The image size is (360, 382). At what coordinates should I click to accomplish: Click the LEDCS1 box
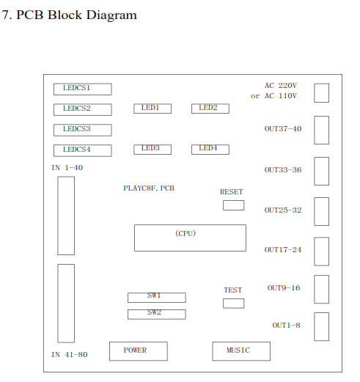83,89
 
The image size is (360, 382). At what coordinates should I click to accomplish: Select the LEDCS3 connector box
83,130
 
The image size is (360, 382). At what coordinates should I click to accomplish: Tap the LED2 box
210,109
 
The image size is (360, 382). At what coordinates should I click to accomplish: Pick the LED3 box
153,150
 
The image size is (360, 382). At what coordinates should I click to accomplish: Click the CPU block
190,238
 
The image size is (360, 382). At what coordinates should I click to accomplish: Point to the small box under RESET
233,205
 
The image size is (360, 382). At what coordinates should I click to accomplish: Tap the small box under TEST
233,304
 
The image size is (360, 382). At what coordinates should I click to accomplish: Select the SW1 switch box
157,298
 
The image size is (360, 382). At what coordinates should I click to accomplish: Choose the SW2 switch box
157,315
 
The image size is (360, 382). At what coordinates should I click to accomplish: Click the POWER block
139,351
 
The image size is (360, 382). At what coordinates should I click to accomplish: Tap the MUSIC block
241,351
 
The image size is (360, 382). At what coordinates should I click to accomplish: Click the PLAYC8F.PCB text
149,188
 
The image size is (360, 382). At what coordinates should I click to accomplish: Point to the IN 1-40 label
67,168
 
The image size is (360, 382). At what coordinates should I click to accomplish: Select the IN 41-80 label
70,355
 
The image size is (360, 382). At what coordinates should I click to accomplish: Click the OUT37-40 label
283,129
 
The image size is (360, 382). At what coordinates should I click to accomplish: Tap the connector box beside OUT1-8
321,326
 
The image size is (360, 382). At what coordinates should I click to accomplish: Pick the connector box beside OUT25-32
321,212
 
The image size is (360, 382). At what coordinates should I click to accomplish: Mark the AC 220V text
281,86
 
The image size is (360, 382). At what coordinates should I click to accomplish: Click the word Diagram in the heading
111,15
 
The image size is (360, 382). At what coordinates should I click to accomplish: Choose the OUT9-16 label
284,288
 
